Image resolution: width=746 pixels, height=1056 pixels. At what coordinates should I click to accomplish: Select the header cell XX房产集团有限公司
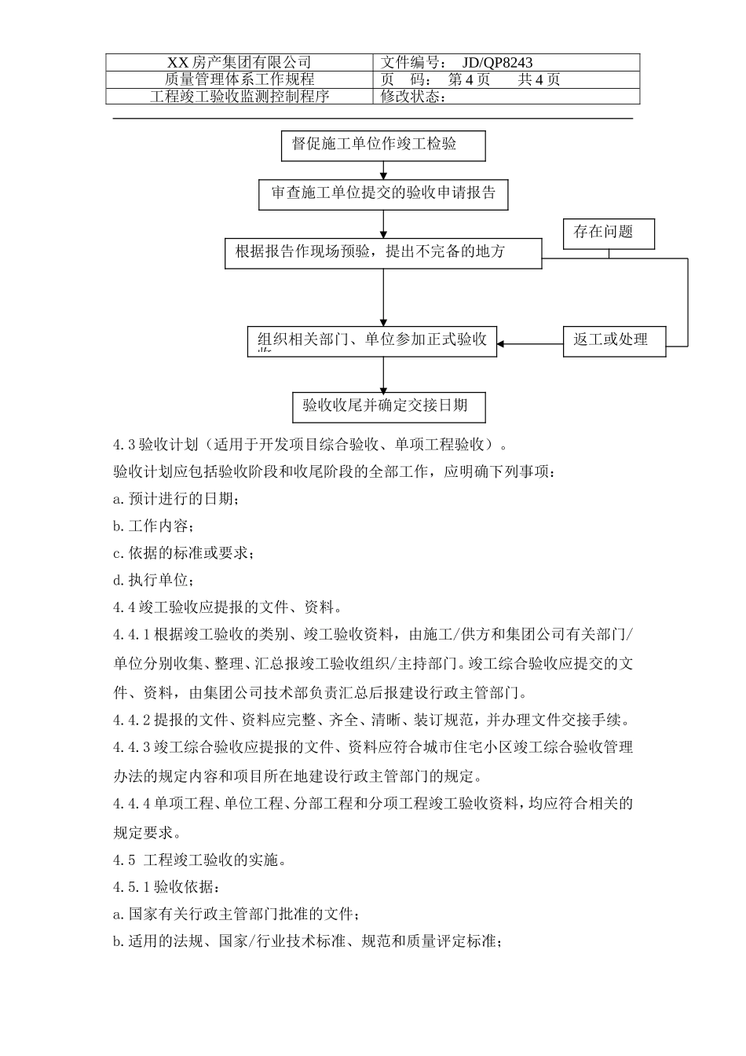240,63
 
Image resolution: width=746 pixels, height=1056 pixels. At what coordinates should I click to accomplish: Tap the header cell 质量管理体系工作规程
240,79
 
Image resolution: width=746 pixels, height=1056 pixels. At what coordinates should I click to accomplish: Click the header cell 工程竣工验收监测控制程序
240,97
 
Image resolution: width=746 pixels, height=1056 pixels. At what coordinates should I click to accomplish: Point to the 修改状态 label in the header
413,97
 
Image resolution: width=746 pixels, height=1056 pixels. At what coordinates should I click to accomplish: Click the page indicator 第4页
469,79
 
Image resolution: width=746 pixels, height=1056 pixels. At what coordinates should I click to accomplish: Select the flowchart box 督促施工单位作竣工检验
383,145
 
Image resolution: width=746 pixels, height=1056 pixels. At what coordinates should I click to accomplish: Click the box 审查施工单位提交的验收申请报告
383,194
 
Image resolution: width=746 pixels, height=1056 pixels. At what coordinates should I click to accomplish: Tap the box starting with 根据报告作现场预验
383,253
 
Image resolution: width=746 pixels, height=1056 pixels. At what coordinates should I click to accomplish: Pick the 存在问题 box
609,233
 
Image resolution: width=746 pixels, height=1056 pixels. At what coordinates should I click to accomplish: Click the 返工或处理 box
614,341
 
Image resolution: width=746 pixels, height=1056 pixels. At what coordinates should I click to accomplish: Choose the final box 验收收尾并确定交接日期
389,406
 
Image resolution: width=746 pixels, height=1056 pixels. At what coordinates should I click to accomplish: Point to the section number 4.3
125,445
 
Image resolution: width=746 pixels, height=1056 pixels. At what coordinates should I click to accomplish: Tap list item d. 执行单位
153,581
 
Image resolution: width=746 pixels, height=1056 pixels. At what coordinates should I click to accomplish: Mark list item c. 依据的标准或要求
183,553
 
